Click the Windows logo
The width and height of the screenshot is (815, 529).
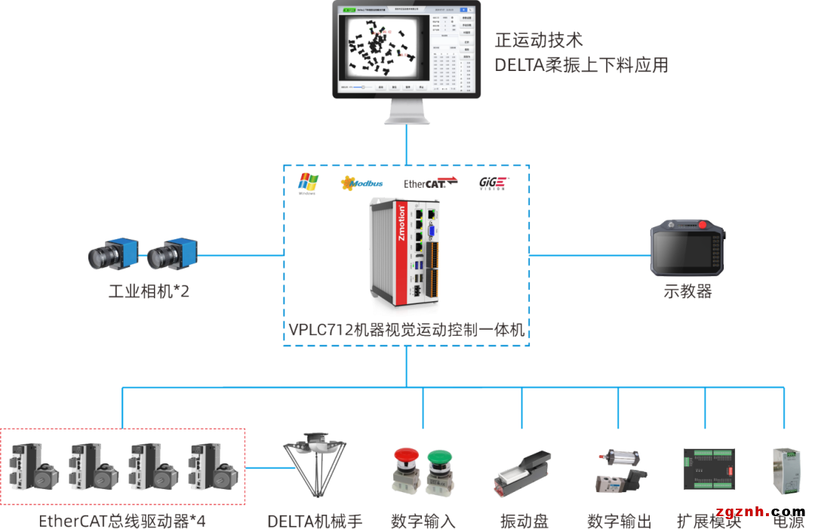308,182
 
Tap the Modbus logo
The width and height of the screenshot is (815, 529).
362,183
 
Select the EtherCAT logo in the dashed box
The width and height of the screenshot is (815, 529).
431,182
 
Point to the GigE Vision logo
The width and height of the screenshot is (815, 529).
493,183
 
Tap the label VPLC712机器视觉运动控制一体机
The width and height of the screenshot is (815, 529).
407,330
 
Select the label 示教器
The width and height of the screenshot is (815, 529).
687,291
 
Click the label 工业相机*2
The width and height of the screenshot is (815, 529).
149,291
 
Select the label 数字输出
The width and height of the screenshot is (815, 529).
619,521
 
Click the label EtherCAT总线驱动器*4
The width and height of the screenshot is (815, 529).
122,521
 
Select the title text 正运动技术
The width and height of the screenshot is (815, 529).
539,40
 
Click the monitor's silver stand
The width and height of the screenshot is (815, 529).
407,112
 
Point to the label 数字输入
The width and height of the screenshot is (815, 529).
423,521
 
